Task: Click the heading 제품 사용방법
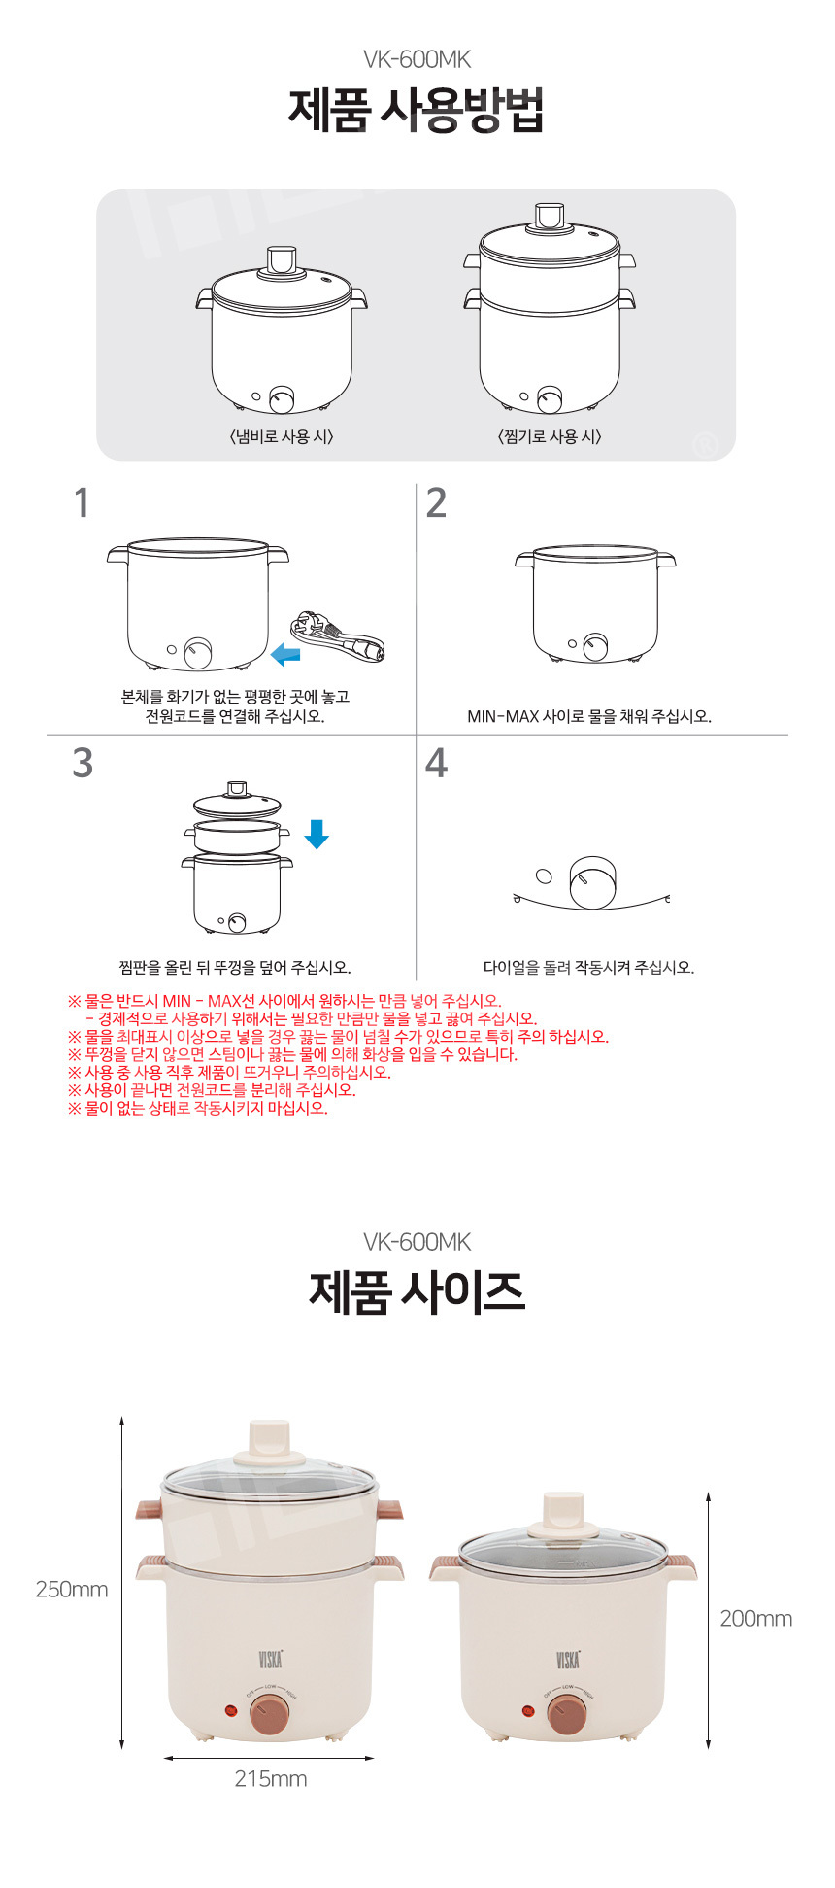pos(416,110)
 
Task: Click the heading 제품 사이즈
pos(417,1291)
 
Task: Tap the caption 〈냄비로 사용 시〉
pos(282,437)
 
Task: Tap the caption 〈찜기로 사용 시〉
pos(550,437)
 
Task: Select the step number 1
pos(83,503)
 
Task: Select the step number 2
pos(437,503)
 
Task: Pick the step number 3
pos(83,763)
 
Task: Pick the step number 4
pos(437,763)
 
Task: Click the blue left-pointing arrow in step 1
pos(285,654)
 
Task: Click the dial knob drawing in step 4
pos(593,882)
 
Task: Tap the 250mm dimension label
pos(72,1590)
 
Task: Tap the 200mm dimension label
pos(756,1619)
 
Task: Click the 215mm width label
pos(271,1779)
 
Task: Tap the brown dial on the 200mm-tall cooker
pos(567,1715)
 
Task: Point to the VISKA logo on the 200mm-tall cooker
pos(568,1659)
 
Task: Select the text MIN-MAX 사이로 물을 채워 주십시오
pos(589,717)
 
